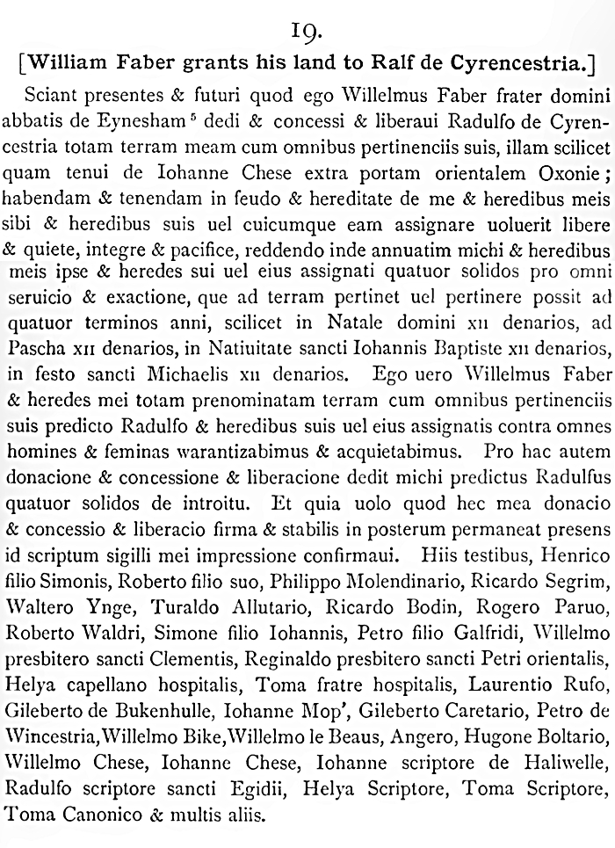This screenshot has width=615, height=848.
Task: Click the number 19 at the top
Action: (307, 33)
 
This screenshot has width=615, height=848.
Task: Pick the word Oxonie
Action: (561, 168)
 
